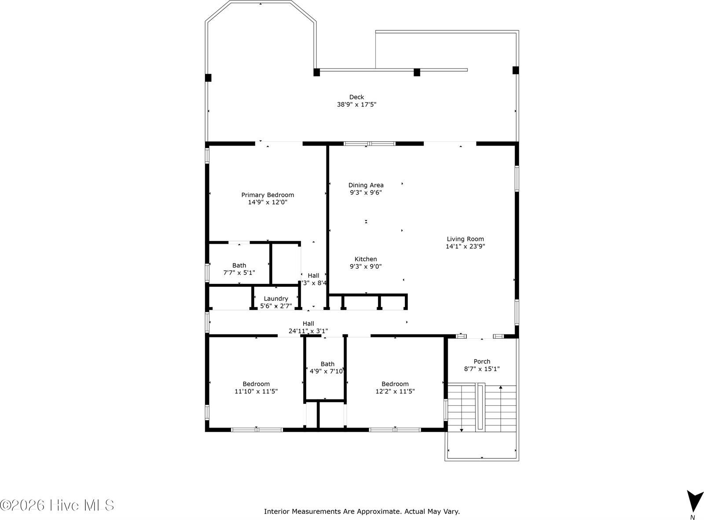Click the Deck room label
[356, 97]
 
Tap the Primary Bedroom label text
[268, 195]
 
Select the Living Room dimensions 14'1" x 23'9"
[465, 246]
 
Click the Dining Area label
[366, 185]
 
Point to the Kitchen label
[366, 259]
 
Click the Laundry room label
[276, 299]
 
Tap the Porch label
[482, 362]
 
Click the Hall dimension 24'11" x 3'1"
[308, 331]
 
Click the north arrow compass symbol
[694, 501]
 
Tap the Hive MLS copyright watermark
[57, 505]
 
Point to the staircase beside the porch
[482, 408]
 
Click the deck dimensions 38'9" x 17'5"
[356, 105]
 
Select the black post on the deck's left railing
[208, 78]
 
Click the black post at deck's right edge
[516, 70]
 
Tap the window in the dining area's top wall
[370, 143]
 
